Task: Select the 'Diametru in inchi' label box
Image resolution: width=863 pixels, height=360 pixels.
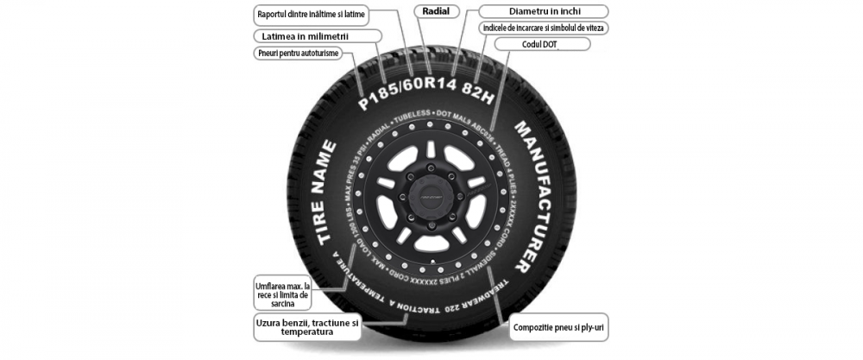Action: point(544,11)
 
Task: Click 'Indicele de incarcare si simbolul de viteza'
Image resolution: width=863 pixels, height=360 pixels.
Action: point(544,28)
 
